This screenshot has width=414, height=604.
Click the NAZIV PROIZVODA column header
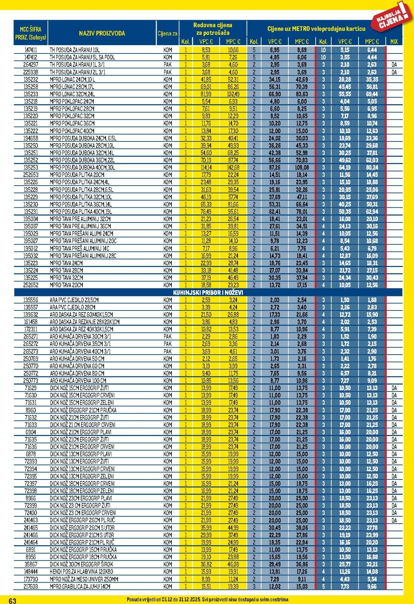[102, 33]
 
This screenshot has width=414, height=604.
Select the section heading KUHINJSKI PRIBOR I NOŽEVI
[208, 293]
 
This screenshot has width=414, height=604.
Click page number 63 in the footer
[12, 601]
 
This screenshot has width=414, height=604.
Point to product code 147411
[31, 50]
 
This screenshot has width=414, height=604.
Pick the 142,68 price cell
[233, 168]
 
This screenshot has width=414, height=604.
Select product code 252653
[31, 175]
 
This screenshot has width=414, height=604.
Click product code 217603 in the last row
[31, 586]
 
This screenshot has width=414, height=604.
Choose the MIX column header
[394, 42]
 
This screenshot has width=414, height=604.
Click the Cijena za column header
[168, 33]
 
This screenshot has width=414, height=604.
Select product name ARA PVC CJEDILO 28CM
[73, 307]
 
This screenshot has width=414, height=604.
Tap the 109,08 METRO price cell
[302, 168]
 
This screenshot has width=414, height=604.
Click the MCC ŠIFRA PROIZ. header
[31, 33]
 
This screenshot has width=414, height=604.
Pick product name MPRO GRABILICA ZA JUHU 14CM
[80, 586]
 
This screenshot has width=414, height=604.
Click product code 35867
[31, 564]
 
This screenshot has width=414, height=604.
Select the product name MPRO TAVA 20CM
[67, 285]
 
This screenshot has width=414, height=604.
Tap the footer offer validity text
[208, 600]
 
